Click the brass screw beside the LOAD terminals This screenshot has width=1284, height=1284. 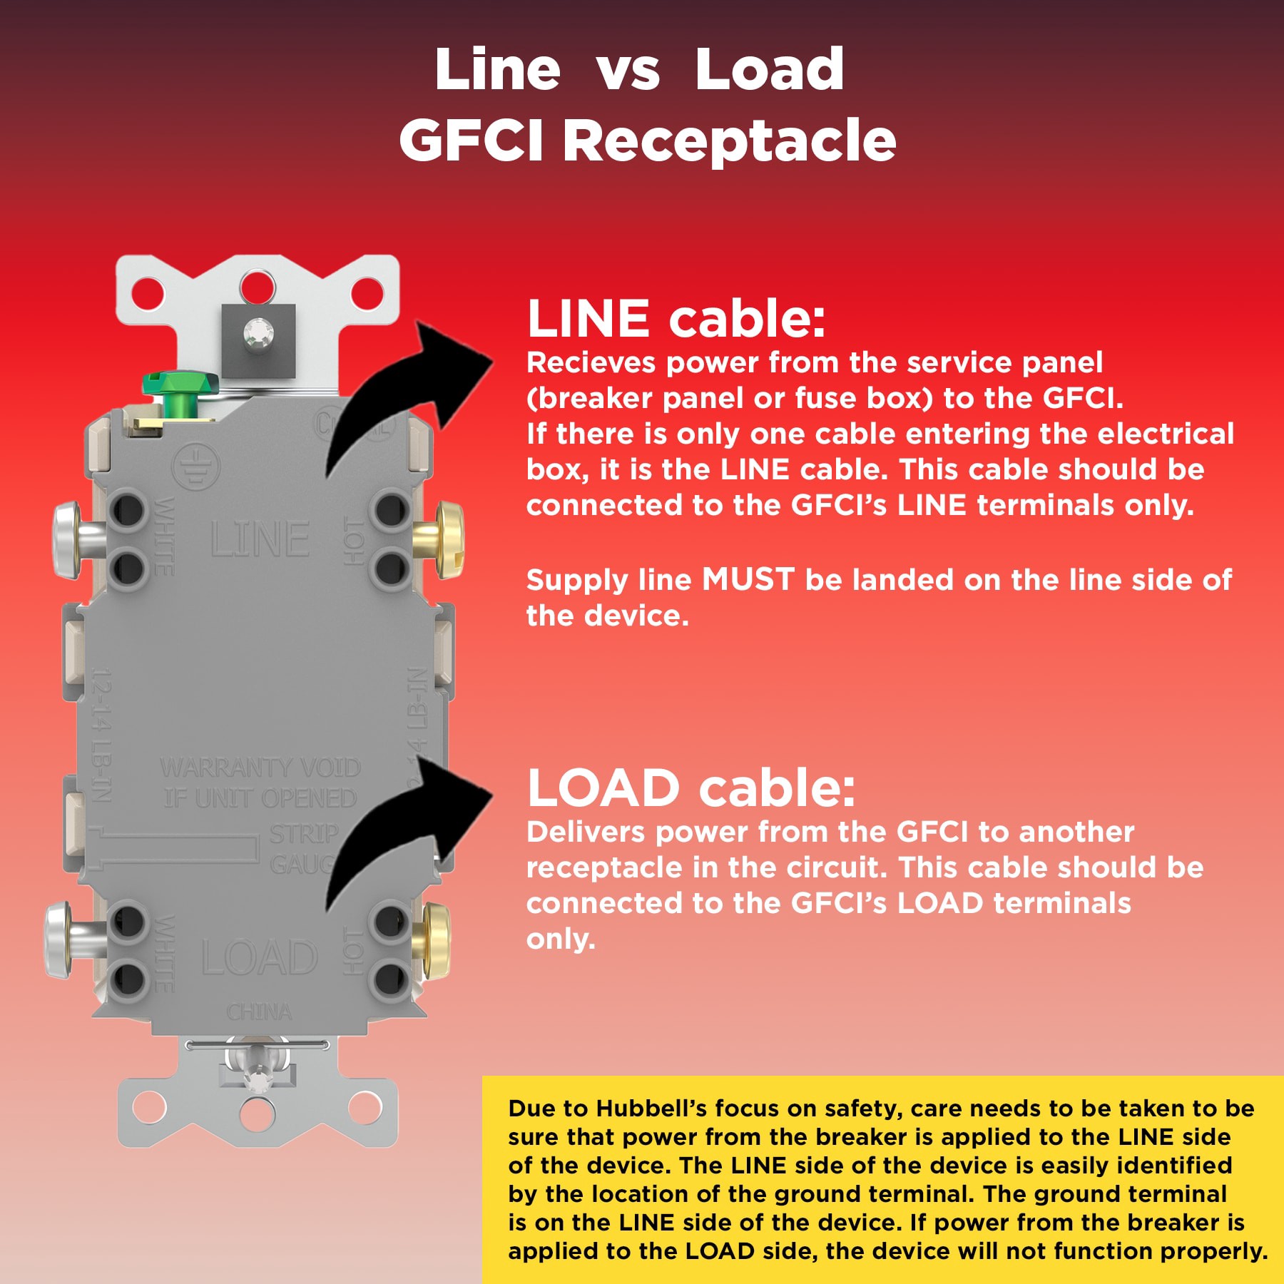pyautogui.click(x=434, y=940)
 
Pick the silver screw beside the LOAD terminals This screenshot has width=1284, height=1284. pyautogui.click(x=64, y=940)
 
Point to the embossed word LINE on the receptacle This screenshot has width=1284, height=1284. pyautogui.click(x=260, y=539)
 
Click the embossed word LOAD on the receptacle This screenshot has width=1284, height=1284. pyautogui.click(x=260, y=957)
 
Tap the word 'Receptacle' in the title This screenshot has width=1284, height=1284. pyautogui.click(x=729, y=140)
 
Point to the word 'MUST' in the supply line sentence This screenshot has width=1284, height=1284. pyautogui.click(x=748, y=579)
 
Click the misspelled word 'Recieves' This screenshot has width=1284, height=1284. pyautogui.click(x=591, y=362)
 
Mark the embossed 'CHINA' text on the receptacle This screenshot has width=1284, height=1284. pyautogui.click(x=259, y=1012)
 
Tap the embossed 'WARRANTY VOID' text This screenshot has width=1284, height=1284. pyautogui.click(x=260, y=768)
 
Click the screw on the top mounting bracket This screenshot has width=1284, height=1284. pyautogui.click(x=258, y=332)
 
